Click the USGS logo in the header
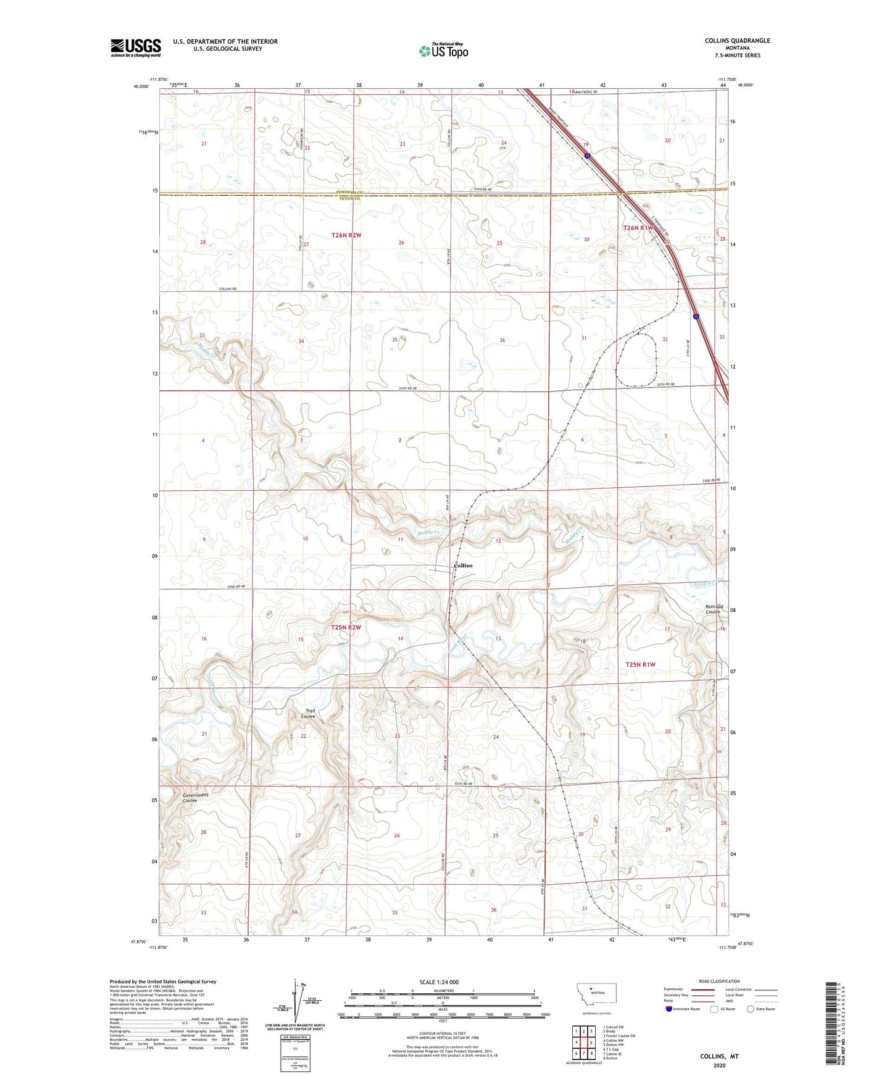[136, 48]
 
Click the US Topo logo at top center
[443, 51]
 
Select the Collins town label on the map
[462, 566]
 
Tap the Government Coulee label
[195, 798]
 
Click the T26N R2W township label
[346, 235]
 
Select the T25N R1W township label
[640, 664]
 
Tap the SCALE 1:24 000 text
[438, 982]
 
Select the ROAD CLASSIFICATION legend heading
[719, 981]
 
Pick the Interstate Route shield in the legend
[669, 1009]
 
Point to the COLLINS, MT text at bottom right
[719, 1056]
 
